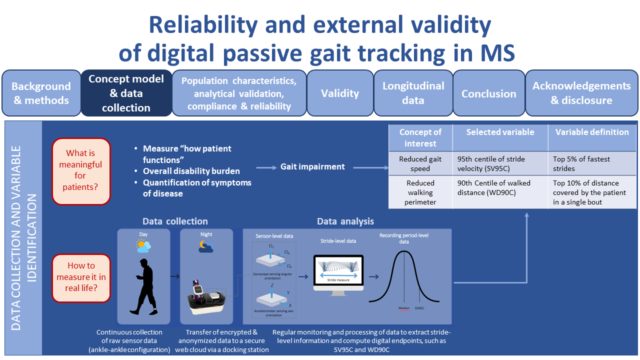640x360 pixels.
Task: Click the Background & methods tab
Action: click(x=41, y=93)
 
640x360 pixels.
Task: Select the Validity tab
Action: click(x=340, y=93)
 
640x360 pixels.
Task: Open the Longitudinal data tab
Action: click(x=413, y=93)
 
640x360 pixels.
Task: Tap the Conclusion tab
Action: click(x=488, y=93)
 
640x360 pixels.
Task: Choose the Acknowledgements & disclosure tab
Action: click(x=581, y=93)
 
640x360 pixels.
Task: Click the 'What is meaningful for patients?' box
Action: click(x=80, y=170)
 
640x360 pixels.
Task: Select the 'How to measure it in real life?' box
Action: click(x=81, y=277)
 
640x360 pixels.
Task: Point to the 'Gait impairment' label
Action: click(x=312, y=166)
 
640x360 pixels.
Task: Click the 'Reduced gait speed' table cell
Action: click(x=420, y=163)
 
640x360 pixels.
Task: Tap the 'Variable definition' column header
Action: click(x=591, y=132)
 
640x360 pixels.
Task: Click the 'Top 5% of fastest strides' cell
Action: click(x=581, y=163)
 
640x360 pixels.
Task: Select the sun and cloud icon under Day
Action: click(x=143, y=245)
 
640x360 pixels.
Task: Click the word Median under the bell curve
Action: click(x=404, y=308)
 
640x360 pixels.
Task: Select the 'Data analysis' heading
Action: click(x=345, y=221)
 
